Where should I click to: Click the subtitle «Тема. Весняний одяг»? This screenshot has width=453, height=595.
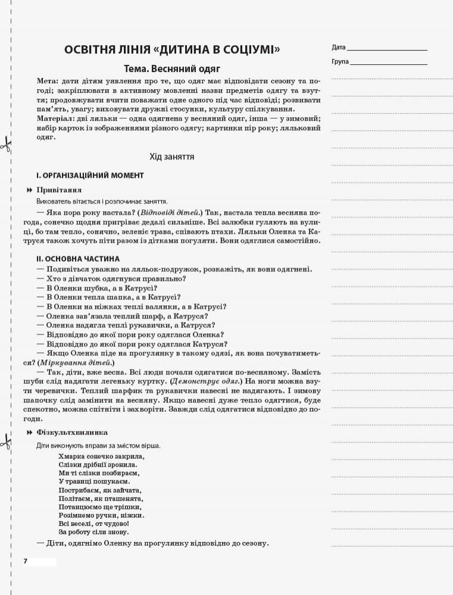click(172, 69)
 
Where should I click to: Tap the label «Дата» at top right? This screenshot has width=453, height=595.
click(338, 47)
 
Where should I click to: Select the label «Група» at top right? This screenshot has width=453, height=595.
click(340, 61)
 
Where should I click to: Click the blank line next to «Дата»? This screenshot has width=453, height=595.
click(387, 48)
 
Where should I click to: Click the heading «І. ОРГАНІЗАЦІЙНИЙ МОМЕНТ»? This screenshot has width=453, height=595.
click(89, 176)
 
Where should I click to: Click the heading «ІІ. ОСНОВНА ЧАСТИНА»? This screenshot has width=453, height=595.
click(77, 259)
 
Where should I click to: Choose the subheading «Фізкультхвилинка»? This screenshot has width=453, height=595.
click(72, 432)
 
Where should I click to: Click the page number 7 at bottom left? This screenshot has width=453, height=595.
click(25, 562)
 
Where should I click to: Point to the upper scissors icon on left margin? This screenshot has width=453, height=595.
click(6, 143)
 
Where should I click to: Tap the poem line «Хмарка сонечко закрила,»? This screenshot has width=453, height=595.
click(102, 456)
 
